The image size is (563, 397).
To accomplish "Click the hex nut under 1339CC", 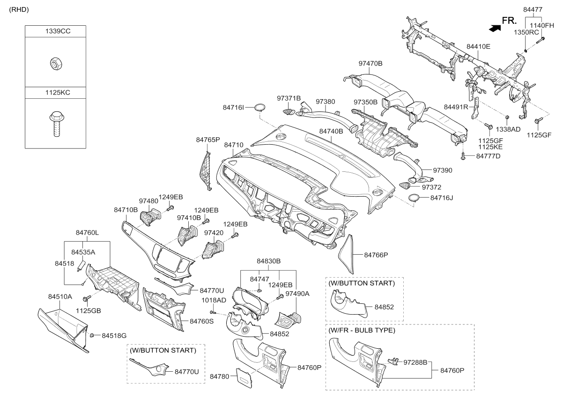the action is pyautogui.click(x=56, y=64).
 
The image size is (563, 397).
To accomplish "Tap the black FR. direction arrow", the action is pyautogui.click(x=495, y=28).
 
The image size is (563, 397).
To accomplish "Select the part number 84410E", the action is pyautogui.click(x=478, y=46).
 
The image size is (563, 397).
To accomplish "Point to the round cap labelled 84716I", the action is pyautogui.click(x=260, y=107).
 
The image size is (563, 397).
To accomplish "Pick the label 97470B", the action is pyautogui.click(x=370, y=63).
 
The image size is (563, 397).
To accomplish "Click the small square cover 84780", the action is pyautogui.click(x=244, y=378).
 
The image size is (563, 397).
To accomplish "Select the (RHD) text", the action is pyautogui.click(x=19, y=9).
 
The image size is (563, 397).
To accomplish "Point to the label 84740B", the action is pyautogui.click(x=331, y=131).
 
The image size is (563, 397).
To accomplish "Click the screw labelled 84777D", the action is pyautogui.click(x=463, y=156).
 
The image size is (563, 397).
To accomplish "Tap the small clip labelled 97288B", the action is pyautogui.click(x=393, y=361).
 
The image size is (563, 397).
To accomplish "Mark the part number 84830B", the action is pyautogui.click(x=268, y=261).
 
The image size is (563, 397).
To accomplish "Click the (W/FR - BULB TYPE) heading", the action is pyautogui.click(x=362, y=330).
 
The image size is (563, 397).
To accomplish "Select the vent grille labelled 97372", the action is pyautogui.click(x=405, y=186).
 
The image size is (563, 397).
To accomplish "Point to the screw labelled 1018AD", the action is pyautogui.click(x=213, y=312).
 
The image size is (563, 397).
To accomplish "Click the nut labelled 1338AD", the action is pyautogui.click(x=507, y=117).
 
